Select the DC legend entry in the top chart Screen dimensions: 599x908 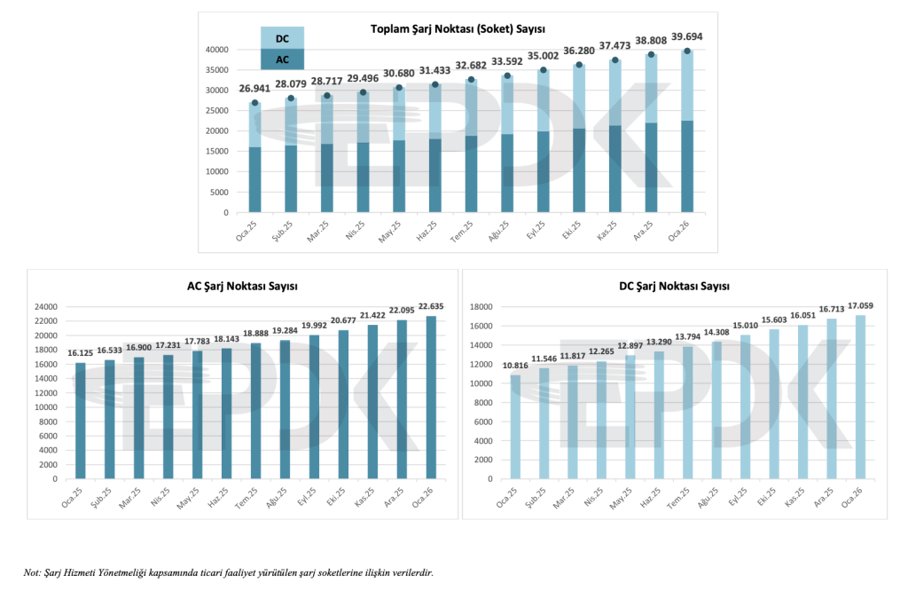click(282, 38)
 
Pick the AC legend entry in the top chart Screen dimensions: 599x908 click(282, 59)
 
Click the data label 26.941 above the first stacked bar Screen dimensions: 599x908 click(254, 89)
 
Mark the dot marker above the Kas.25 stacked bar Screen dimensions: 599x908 click(614, 60)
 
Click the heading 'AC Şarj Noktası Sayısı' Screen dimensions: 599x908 click(243, 286)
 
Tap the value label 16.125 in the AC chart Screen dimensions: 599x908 click(81, 352)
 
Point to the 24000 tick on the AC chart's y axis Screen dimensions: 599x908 click(45, 307)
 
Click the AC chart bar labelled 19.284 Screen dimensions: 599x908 click(285, 409)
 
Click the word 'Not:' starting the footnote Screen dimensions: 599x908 click(33, 573)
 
